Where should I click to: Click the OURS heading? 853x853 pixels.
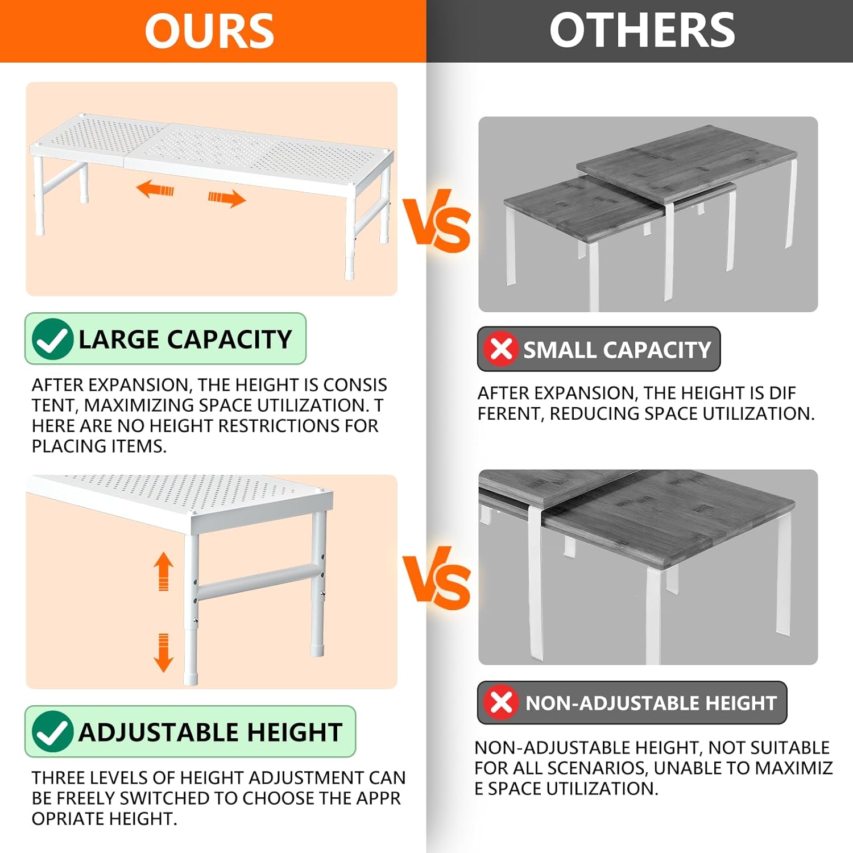(209, 31)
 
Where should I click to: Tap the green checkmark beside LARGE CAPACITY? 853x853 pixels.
(52, 339)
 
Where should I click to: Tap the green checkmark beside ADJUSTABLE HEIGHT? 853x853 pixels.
(52, 732)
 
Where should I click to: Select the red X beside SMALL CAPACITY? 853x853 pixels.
(501, 349)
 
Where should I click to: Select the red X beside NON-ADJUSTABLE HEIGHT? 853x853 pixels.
(501, 702)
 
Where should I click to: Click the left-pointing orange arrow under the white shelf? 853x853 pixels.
(155, 189)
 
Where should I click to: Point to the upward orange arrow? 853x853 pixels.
(164, 571)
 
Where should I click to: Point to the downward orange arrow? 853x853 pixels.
(164, 653)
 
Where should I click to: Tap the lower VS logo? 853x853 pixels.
(437, 578)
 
